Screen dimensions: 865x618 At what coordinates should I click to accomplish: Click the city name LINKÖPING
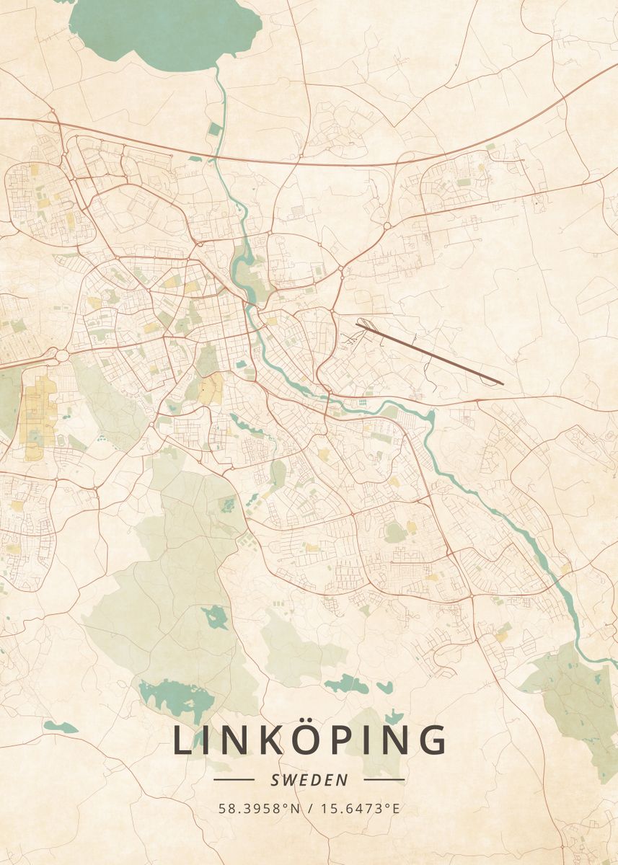point(309,741)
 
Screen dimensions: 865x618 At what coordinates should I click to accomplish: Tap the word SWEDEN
point(309,779)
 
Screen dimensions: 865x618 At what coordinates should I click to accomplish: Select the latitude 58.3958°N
point(259,808)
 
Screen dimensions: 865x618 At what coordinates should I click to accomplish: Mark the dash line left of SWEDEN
point(234,779)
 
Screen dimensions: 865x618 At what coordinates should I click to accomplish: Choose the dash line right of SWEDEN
point(384,779)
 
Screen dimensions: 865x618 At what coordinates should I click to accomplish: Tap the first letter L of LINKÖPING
point(182,741)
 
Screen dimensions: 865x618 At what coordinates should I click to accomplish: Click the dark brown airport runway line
point(429,353)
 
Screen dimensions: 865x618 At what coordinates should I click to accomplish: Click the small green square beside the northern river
point(215,130)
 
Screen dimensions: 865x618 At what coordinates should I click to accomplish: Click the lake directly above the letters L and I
point(177,696)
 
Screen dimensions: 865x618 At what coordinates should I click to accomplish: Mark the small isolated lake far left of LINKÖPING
point(59,727)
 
